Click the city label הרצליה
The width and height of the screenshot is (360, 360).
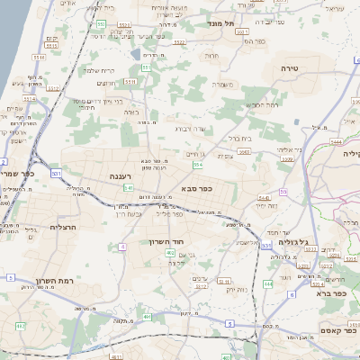click(x=65, y=227)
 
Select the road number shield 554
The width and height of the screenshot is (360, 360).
click(x=197, y=165)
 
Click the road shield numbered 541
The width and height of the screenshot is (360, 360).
click(x=129, y=188)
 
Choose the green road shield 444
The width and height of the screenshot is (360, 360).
click(x=336, y=141)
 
